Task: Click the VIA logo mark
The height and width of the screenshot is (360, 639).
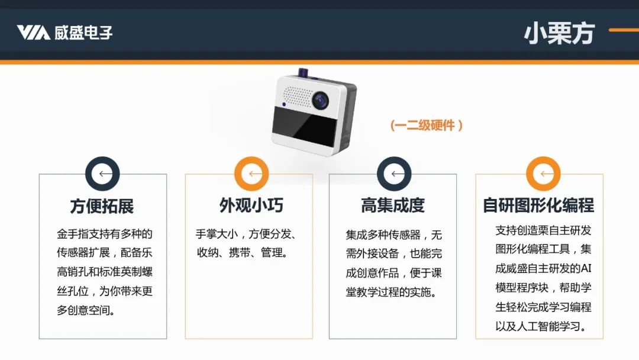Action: coord(33,33)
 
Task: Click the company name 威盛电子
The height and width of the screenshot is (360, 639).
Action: coord(83,33)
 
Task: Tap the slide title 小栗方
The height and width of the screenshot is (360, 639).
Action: coord(560,33)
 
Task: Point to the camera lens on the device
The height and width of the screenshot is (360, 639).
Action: coord(321,100)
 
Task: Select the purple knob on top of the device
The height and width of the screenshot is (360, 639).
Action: coord(303,73)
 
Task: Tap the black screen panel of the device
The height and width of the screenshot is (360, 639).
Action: coord(305,127)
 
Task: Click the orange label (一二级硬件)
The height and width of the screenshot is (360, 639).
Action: coord(426,125)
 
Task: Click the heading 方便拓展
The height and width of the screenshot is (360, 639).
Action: coord(102,206)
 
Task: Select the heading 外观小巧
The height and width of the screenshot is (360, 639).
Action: coord(251,205)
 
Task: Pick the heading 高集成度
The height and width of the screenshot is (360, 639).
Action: coord(392,205)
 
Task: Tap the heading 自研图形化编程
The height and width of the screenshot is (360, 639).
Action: coord(538,205)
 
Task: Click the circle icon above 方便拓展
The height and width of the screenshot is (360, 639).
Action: coord(102,173)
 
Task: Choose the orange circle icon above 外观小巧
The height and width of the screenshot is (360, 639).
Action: coord(251,173)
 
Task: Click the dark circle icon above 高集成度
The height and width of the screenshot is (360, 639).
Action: coord(394,173)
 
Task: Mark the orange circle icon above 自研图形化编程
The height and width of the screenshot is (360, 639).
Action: coord(543,173)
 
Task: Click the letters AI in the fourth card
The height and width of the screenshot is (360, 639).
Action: coord(586,268)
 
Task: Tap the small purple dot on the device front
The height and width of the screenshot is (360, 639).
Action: coord(284,104)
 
